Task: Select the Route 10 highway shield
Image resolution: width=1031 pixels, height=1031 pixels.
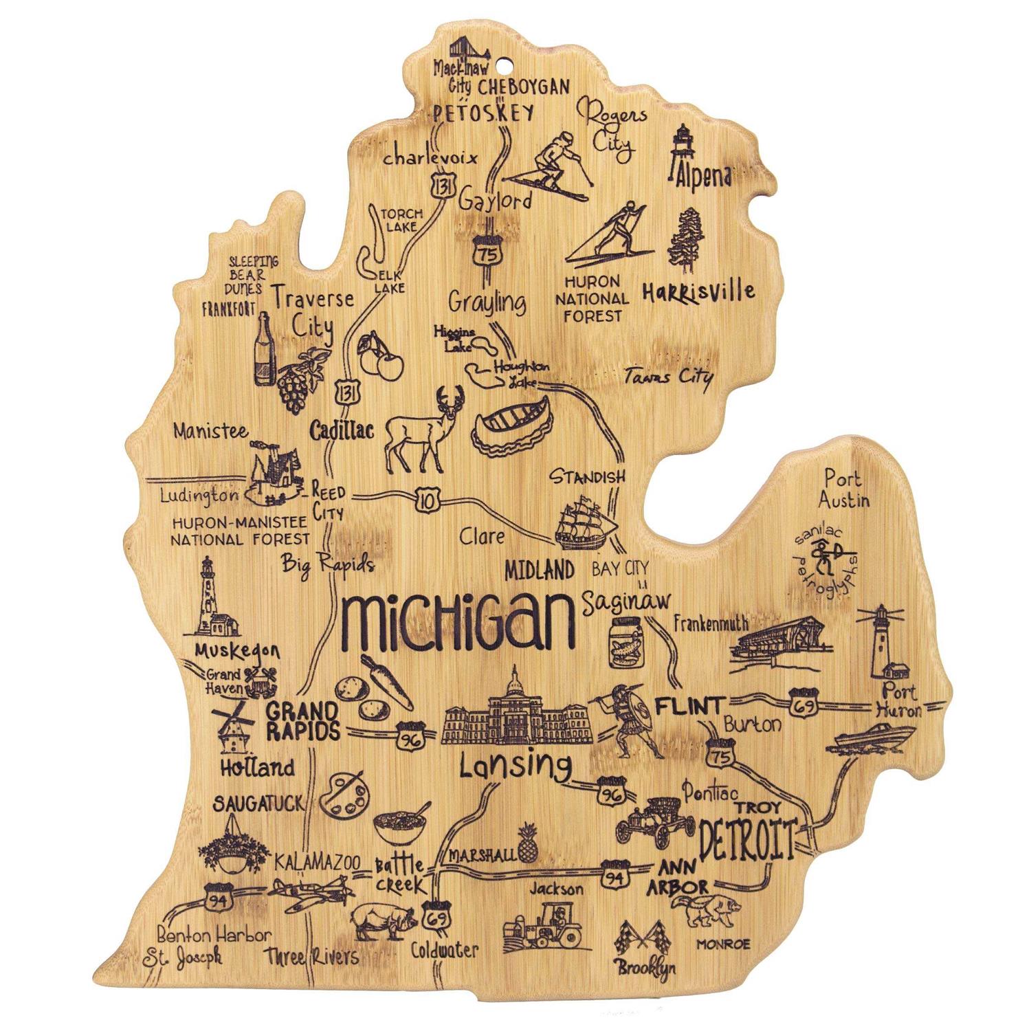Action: click(428, 500)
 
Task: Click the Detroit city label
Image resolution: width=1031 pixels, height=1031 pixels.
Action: click(747, 839)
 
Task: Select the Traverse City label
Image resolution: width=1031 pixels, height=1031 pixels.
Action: click(313, 311)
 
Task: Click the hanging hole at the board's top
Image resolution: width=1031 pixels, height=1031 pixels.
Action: click(506, 67)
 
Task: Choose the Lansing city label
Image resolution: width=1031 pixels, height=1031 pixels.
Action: click(515, 766)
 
